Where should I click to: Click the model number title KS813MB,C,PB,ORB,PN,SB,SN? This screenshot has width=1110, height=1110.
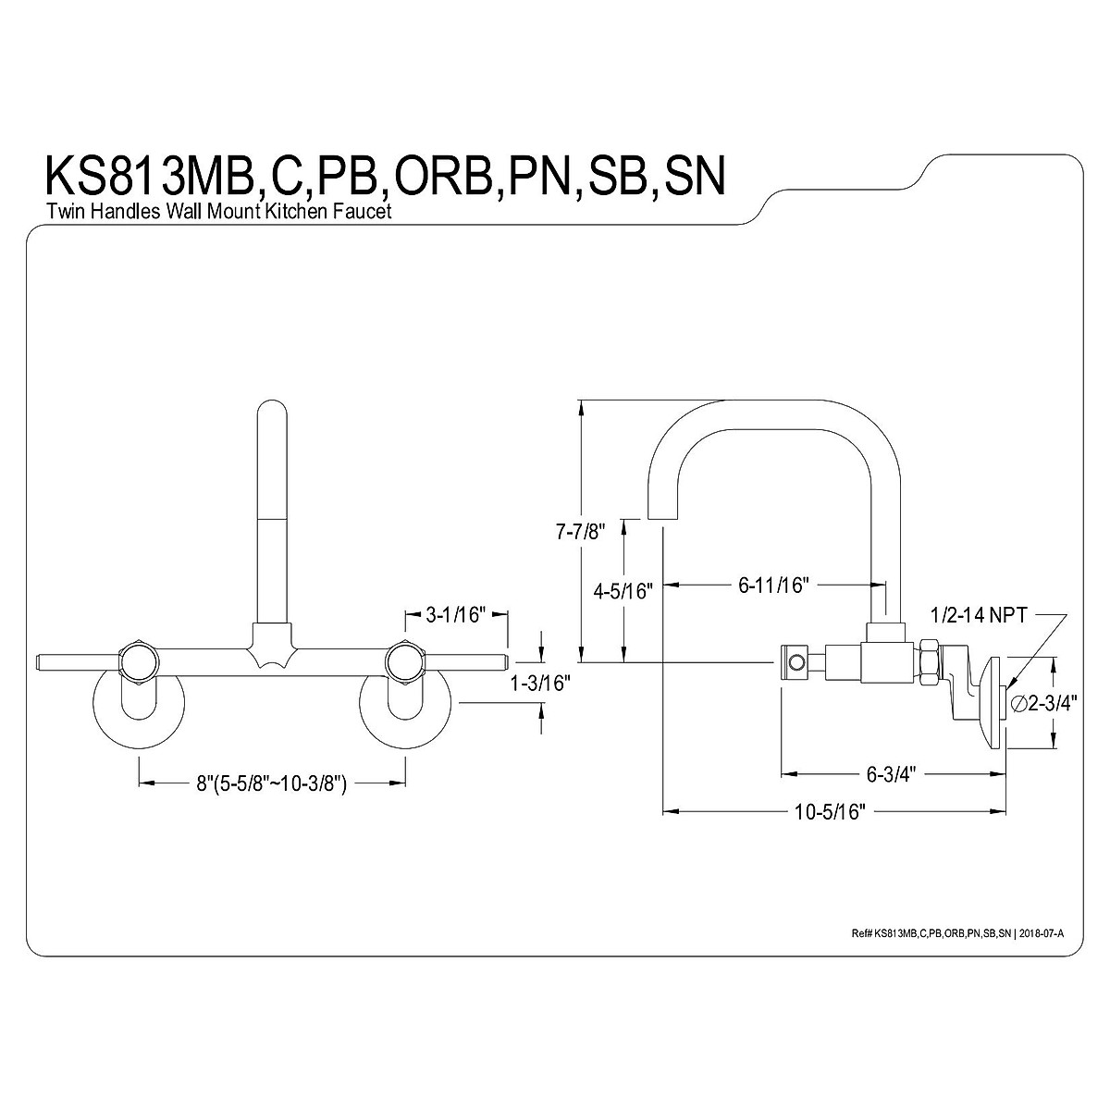[x=384, y=175]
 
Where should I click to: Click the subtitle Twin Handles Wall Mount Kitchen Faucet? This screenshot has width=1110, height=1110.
[x=219, y=212]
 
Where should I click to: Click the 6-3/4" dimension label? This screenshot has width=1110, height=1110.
[x=889, y=773]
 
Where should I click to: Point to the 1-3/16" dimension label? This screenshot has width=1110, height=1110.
[x=541, y=684]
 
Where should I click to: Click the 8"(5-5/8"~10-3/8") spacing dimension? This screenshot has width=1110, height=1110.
[x=271, y=783]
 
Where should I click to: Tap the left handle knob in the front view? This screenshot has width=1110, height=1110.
[x=140, y=660]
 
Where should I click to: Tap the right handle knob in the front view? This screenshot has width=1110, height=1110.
[x=405, y=660]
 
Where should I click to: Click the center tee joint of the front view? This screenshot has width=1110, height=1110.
[x=272, y=646]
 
